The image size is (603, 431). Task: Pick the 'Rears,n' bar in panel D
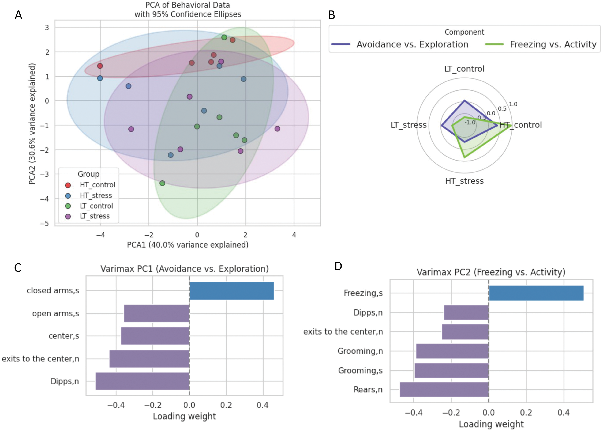pyautogui.click(x=444, y=390)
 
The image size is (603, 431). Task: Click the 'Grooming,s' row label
pyautogui.click(x=360, y=370)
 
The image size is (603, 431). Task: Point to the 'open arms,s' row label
pyautogui.click(x=56, y=313)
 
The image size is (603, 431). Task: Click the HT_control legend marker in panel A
pyautogui.click(x=68, y=185)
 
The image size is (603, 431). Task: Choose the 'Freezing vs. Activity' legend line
pyautogui.click(x=494, y=44)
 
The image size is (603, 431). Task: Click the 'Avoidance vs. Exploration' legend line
pyautogui.click(x=341, y=44)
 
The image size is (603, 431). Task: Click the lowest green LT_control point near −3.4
pyautogui.click(x=162, y=183)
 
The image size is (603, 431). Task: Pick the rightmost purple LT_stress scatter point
pyautogui.click(x=277, y=129)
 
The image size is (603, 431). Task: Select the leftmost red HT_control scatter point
pyautogui.click(x=100, y=66)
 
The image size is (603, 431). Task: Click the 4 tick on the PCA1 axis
pyautogui.click(x=294, y=235)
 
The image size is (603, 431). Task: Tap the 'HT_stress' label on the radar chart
pyautogui.click(x=464, y=181)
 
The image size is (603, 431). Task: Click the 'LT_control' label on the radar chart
pyautogui.click(x=464, y=69)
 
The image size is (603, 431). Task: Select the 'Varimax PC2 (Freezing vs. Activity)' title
pyautogui.click(x=491, y=272)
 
